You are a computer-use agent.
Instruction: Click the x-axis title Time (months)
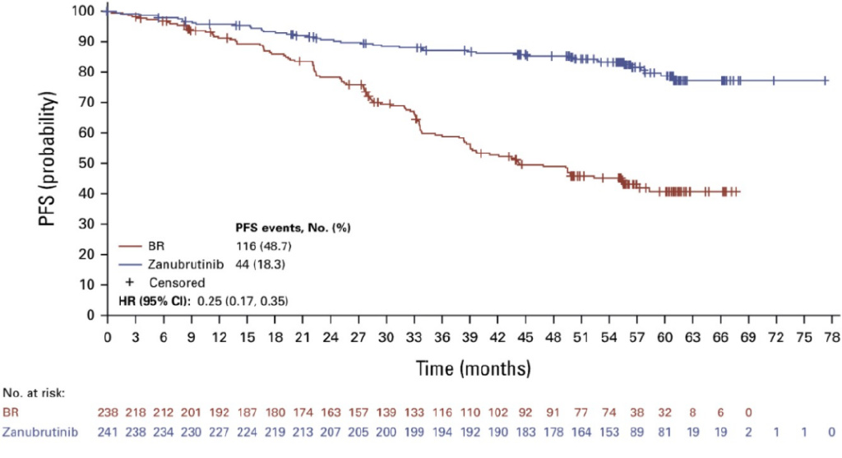(472, 367)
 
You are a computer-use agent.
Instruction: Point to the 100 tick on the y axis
(86, 12)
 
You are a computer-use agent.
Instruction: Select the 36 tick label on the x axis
(442, 337)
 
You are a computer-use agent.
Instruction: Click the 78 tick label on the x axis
(831, 337)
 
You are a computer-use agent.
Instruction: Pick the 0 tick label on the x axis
(107, 337)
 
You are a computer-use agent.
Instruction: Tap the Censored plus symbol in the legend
(129, 282)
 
